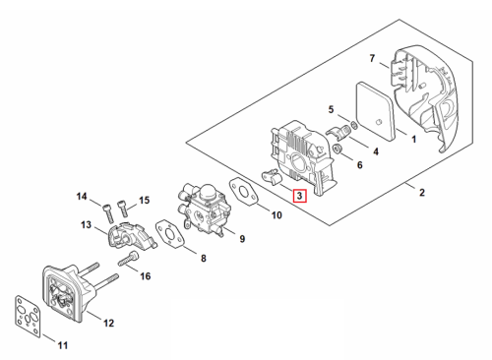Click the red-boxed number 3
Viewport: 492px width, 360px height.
[299, 196]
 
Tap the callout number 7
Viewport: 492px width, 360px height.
[372, 58]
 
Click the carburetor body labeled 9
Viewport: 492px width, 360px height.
[204, 209]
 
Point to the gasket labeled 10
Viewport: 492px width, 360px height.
[243, 192]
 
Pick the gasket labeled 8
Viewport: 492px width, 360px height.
[170, 234]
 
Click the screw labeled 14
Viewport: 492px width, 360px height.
[108, 213]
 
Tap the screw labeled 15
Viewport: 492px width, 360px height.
[122, 209]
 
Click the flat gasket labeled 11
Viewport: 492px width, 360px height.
[28, 316]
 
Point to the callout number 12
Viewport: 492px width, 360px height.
[108, 323]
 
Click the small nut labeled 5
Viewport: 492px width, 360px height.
[354, 125]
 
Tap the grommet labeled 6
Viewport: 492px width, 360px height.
[338, 149]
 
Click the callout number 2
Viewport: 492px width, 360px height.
[422, 192]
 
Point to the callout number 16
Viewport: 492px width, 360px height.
[146, 276]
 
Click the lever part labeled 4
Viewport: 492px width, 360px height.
[338, 132]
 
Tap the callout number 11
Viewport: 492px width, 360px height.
[63, 345]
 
